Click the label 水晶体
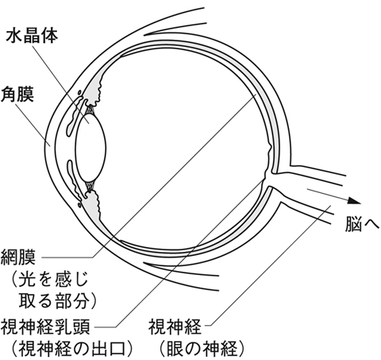click(x=32, y=36)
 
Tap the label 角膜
click(x=17, y=94)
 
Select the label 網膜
click(x=18, y=257)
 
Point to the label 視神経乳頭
click(x=45, y=327)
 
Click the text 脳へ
click(x=362, y=225)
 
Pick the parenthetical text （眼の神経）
click(x=202, y=349)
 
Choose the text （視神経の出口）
click(x=71, y=349)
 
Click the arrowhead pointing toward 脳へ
click(x=354, y=201)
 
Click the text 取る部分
click(x=53, y=300)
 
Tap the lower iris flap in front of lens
click(x=75, y=180)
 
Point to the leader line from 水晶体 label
click(x=61, y=85)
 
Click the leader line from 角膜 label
click(x=33, y=124)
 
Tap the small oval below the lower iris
click(x=79, y=205)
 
